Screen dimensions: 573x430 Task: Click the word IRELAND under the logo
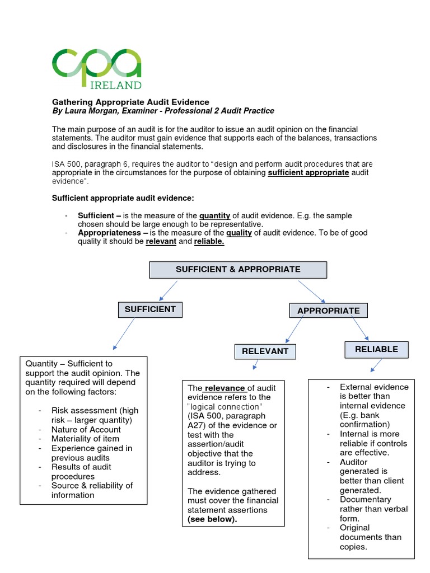click(x=116, y=84)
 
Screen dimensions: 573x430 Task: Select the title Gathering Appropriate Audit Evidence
click(x=130, y=102)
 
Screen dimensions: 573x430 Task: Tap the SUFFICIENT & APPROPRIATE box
click(x=238, y=269)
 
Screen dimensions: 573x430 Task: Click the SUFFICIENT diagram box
click(x=150, y=309)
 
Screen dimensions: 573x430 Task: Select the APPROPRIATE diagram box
click(x=329, y=311)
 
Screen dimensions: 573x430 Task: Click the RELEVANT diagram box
click(x=265, y=351)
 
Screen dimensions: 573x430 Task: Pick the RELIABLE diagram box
click(x=376, y=349)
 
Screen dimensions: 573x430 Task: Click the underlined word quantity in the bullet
click(x=215, y=215)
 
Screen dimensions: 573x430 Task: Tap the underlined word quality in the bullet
click(x=240, y=233)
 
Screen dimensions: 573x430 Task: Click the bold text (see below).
click(x=213, y=519)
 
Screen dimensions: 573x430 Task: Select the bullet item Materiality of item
click(x=85, y=439)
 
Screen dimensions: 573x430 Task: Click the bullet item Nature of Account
click(x=86, y=429)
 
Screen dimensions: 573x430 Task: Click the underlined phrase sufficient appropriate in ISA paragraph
click(x=309, y=173)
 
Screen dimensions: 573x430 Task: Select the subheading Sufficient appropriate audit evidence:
click(x=123, y=198)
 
